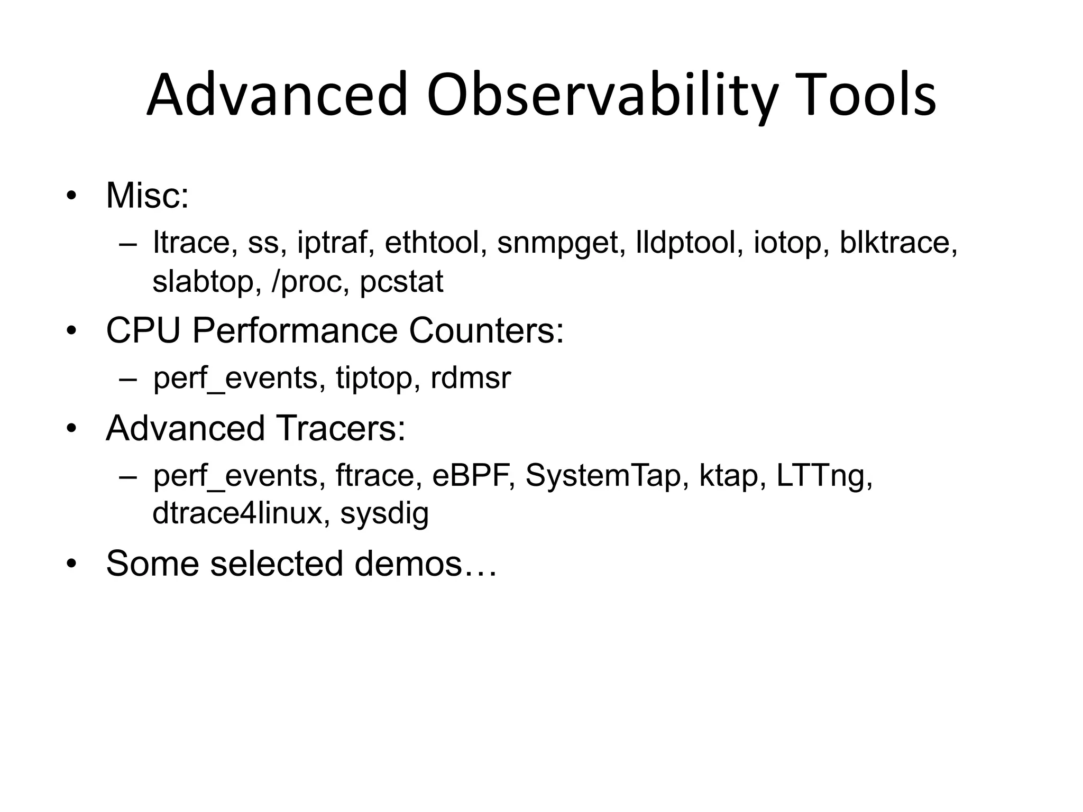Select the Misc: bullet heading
pyautogui.click(x=147, y=196)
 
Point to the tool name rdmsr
pyautogui.click(x=471, y=378)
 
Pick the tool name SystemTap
pyautogui.click(x=603, y=475)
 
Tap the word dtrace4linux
pyautogui.click(x=237, y=513)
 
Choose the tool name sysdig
pyautogui.click(x=384, y=513)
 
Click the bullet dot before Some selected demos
pyautogui.click(x=71, y=564)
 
